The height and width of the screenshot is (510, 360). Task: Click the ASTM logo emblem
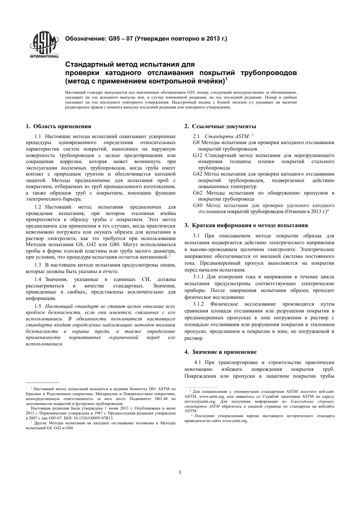(44, 42)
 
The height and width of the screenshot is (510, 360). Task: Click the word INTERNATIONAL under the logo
(44, 56)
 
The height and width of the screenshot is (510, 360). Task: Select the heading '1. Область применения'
(58, 126)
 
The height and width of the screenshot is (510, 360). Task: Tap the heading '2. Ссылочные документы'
(220, 126)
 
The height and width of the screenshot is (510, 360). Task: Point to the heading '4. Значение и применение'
(221, 352)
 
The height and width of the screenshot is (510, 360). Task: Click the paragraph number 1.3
(38, 265)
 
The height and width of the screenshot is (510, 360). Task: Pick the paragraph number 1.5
(38, 306)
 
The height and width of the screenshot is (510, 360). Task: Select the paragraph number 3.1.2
(199, 304)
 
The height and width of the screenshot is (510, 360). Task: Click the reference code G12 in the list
(198, 155)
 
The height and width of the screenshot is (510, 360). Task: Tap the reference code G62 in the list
(198, 193)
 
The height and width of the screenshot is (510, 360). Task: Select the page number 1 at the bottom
(180, 472)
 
